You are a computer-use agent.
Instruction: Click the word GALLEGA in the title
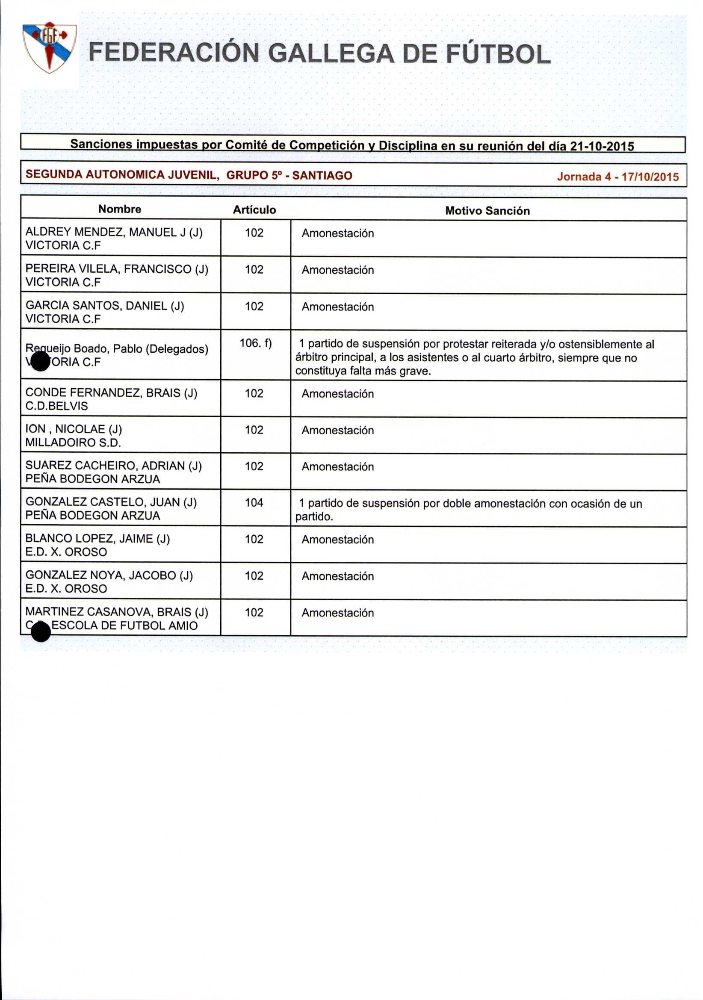331,54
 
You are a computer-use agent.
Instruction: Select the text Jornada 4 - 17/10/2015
617,177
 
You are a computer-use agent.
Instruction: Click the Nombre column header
120,209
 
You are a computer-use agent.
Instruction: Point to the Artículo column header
254,210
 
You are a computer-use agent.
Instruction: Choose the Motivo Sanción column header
487,211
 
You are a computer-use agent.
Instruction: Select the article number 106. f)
256,343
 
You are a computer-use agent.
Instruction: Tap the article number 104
254,503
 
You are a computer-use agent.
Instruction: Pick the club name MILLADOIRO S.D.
73,442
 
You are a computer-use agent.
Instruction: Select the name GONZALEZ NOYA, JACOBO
100,575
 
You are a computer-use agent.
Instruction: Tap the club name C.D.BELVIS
56,406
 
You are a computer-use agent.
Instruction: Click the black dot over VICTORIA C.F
41,362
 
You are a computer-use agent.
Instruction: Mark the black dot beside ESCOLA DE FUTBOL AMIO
41,632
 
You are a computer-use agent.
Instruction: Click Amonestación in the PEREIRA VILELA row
337,270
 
